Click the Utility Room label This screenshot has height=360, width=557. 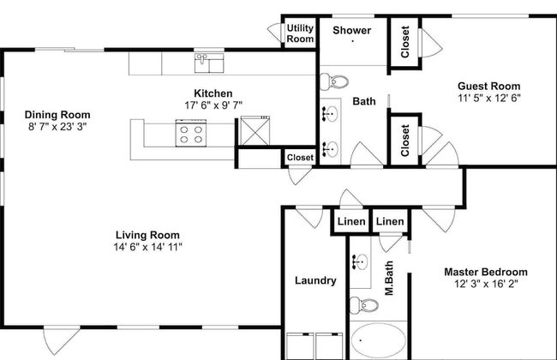pos(300,33)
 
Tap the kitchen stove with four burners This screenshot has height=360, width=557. pos(191,133)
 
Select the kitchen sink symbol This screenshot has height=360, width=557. pos(209,63)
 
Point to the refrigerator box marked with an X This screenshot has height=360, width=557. pos(255,130)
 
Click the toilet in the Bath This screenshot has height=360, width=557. pos(334,81)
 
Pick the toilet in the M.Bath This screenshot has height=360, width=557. pos(363,305)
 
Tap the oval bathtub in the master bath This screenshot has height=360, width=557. pos(379,340)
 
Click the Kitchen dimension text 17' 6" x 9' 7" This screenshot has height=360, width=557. pos(213,105)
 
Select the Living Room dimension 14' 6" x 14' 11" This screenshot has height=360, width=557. pos(147,247)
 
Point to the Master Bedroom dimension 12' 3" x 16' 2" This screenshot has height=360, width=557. pos(486,284)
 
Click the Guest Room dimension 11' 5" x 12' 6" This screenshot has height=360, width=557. pos(489,98)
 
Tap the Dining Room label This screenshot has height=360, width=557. pos(57,115)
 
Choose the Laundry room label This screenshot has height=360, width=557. pos(315,281)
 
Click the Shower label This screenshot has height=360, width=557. pos(351,30)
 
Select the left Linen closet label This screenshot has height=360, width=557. pos(351,222)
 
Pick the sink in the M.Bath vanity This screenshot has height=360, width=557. pos(360,262)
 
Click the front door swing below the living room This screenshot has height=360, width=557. pos(60,340)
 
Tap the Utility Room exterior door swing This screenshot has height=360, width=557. pos(274,33)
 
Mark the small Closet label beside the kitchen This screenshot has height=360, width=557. pos(300,158)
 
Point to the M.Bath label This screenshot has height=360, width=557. pos(389,279)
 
